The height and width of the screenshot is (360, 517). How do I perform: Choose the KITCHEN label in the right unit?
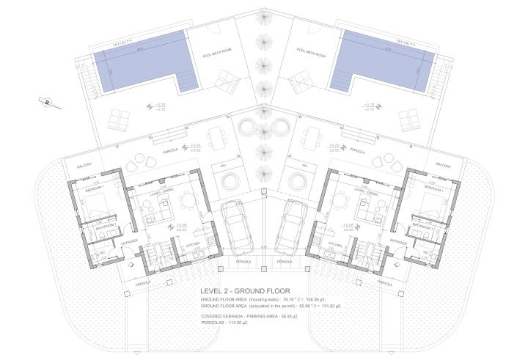pyautogui.click(x=334, y=244)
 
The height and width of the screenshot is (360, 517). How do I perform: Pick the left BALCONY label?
pyautogui.click(x=86, y=166)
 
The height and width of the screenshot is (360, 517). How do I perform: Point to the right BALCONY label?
pyautogui.click(x=443, y=166)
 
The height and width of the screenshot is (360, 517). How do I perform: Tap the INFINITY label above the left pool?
pyautogui.click(x=122, y=44)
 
